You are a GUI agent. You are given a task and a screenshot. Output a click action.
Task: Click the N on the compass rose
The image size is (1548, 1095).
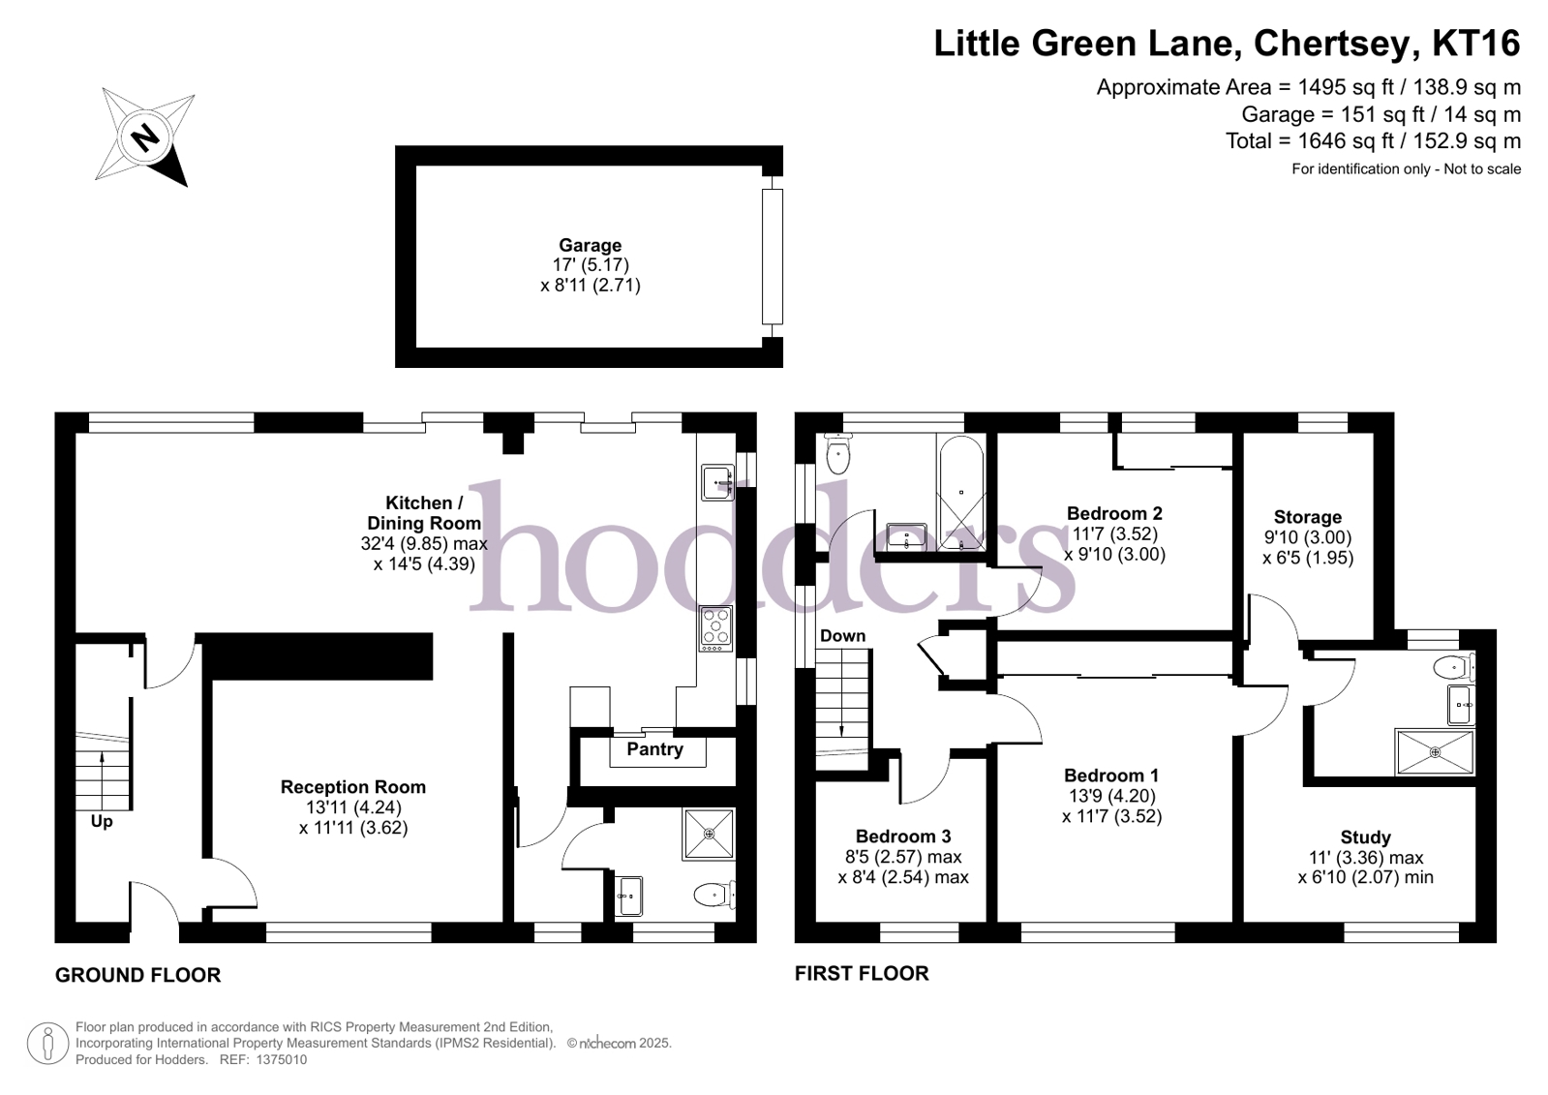pos(145,137)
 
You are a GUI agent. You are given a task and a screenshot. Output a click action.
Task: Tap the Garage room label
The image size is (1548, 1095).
pos(591,245)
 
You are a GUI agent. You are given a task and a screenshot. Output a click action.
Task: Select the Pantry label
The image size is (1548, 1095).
pos(655,749)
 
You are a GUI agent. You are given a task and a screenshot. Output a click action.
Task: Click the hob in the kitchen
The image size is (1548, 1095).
pos(716,628)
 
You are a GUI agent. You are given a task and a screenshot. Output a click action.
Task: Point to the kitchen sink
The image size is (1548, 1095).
pos(717,482)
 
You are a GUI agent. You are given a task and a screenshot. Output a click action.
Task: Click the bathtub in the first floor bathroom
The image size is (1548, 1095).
pos(961,492)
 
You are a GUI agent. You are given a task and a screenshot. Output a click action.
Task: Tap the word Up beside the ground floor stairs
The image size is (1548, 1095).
pos(102,822)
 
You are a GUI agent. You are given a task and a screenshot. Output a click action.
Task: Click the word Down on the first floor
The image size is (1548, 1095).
pos(842,636)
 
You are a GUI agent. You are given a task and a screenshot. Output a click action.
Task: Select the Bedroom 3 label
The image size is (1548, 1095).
pos(903,836)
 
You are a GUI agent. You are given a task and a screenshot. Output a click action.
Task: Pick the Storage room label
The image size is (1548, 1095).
pos(1308,517)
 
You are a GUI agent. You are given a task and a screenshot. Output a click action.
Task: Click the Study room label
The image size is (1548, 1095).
pos(1366,837)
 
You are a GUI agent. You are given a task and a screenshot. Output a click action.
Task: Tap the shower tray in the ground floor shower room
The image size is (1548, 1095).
pos(709,835)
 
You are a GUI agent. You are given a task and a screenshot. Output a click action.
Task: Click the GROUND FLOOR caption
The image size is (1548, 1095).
pos(138,975)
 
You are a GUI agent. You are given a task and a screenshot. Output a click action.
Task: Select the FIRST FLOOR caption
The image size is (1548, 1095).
pos(862,973)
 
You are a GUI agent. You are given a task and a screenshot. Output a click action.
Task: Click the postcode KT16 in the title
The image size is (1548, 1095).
pos(1476,44)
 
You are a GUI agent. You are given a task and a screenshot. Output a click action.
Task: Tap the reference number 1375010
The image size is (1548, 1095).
pos(282,1060)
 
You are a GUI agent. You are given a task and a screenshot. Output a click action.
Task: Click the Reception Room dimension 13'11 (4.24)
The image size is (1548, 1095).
pos(353,807)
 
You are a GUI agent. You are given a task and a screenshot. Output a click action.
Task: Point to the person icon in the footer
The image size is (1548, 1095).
pos(47,1044)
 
